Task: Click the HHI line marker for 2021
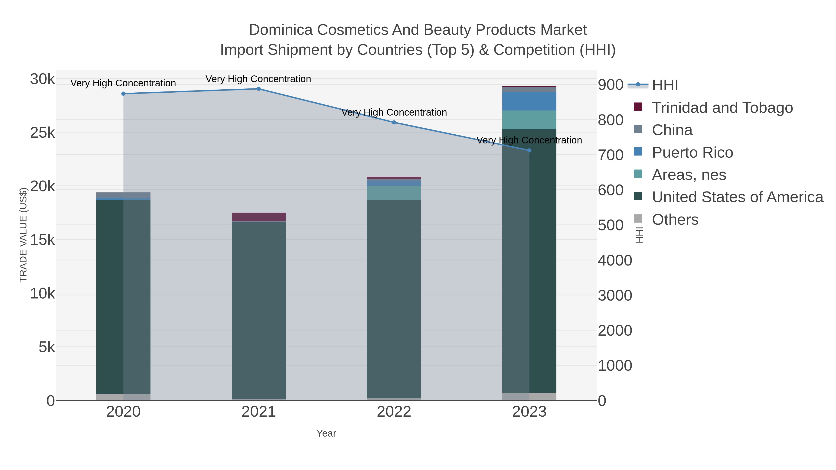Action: point(259,89)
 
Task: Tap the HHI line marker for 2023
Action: point(529,150)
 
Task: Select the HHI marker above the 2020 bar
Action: point(123,94)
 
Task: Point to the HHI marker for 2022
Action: point(394,123)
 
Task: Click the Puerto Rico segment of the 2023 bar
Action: point(529,101)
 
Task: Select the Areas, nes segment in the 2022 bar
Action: point(394,193)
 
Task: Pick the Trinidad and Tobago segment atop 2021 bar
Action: point(259,217)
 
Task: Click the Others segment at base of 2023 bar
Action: point(529,396)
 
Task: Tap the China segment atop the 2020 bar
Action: point(123,195)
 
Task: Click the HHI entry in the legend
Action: point(665,85)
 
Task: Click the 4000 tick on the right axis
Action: point(615,260)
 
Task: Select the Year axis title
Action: point(326,433)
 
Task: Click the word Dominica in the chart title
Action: point(281,30)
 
